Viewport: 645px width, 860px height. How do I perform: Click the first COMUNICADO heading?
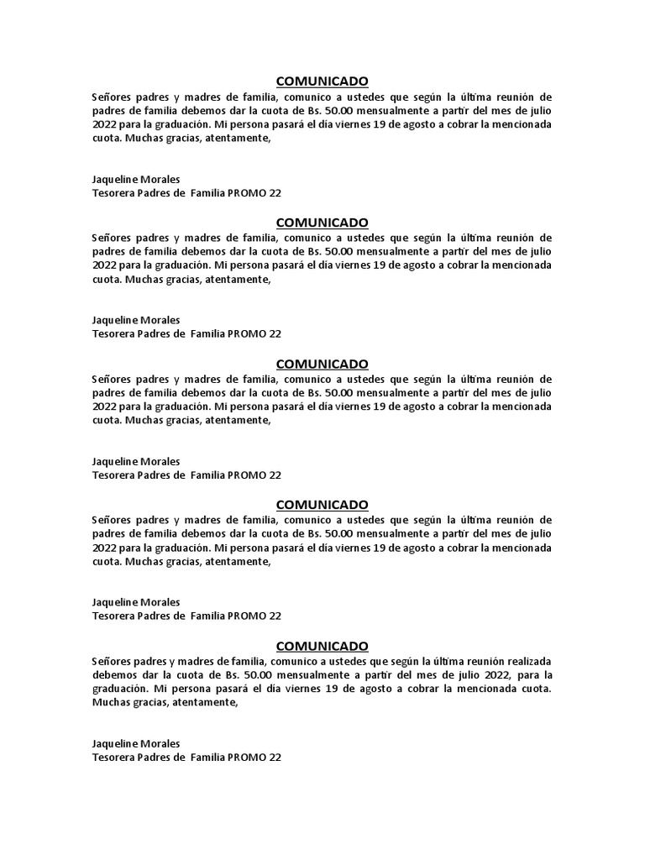coord(322,81)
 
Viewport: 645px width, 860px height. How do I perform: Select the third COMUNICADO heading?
coord(322,364)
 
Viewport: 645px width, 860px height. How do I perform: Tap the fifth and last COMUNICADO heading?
coord(322,646)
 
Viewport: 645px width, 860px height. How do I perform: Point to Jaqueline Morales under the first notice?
coord(135,179)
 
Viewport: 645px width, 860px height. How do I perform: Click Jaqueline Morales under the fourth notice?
coord(135,602)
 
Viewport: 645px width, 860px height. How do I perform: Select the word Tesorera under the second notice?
coord(113,333)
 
